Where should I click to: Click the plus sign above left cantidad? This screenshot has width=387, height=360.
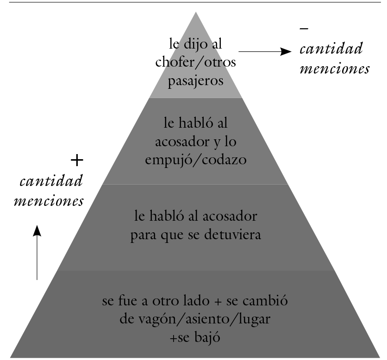[77, 161]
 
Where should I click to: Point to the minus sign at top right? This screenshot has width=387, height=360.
[304, 29]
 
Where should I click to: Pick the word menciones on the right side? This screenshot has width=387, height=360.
[335, 69]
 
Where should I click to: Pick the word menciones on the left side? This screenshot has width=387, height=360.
[49, 202]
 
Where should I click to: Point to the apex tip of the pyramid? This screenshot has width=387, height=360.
[196, 12]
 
